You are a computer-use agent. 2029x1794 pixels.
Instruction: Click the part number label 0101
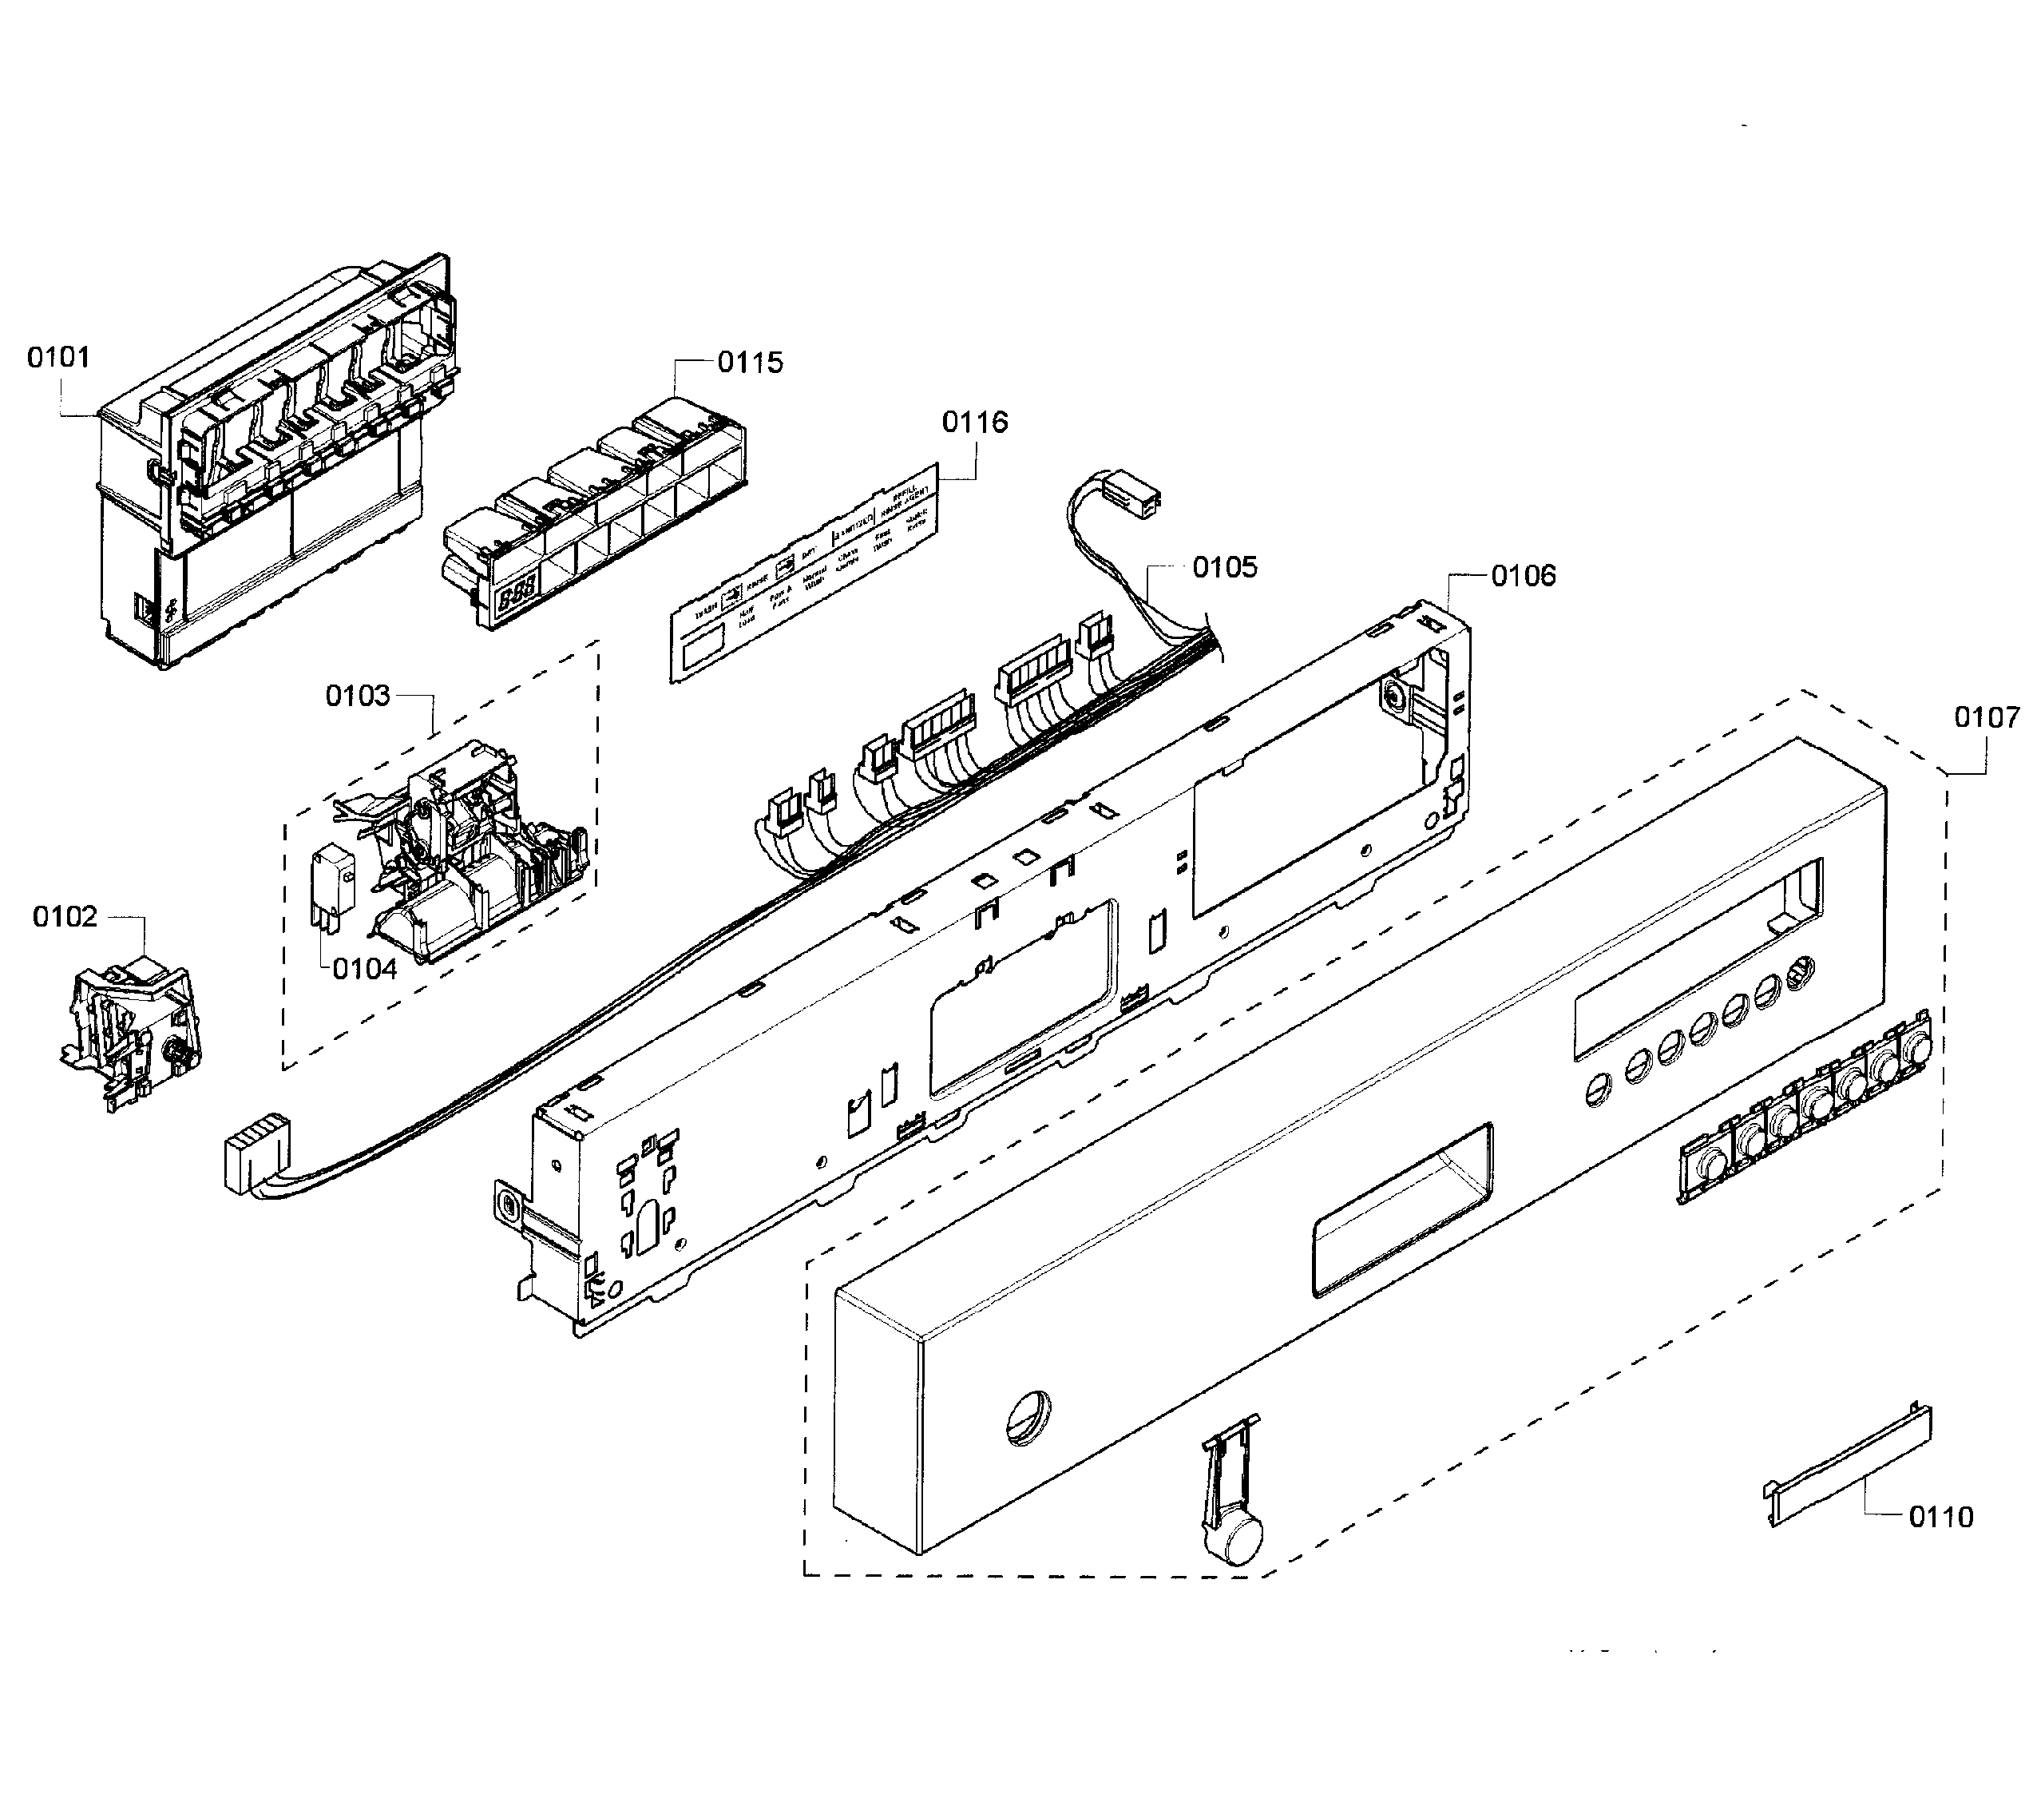pyautogui.click(x=57, y=357)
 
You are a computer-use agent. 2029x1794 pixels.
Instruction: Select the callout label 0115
pyautogui.click(x=750, y=363)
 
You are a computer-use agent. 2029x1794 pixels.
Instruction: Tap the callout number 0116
pyautogui.click(x=974, y=422)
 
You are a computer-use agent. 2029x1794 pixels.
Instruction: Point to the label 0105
pyautogui.click(x=1224, y=567)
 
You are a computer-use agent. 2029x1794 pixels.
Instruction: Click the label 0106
pyautogui.click(x=1523, y=576)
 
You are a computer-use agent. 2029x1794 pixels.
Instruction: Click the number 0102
pyautogui.click(x=65, y=916)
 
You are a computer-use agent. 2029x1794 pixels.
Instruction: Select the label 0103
pyautogui.click(x=358, y=696)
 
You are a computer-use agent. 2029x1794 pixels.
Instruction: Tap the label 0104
pyautogui.click(x=364, y=969)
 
